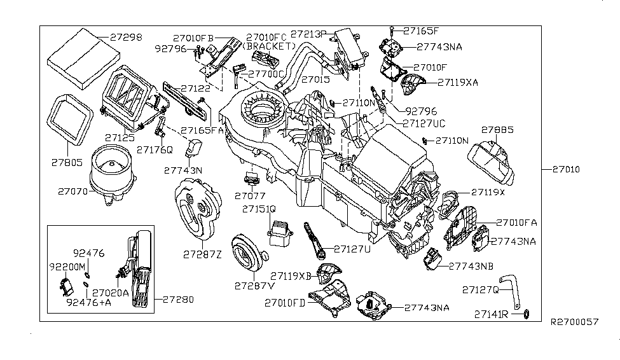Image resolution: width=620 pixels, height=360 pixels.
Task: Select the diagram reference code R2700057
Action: [574, 322]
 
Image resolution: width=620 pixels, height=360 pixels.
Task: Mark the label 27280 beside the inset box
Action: [178, 299]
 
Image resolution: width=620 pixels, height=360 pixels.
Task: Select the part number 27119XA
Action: [458, 82]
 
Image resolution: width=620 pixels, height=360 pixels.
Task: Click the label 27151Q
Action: [258, 208]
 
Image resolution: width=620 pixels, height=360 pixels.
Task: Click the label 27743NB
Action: [472, 266]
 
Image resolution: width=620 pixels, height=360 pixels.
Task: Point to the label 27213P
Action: [308, 33]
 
